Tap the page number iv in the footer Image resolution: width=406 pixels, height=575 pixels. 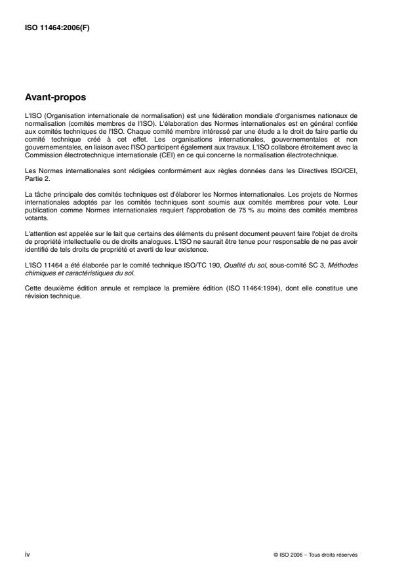pos(26,553)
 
